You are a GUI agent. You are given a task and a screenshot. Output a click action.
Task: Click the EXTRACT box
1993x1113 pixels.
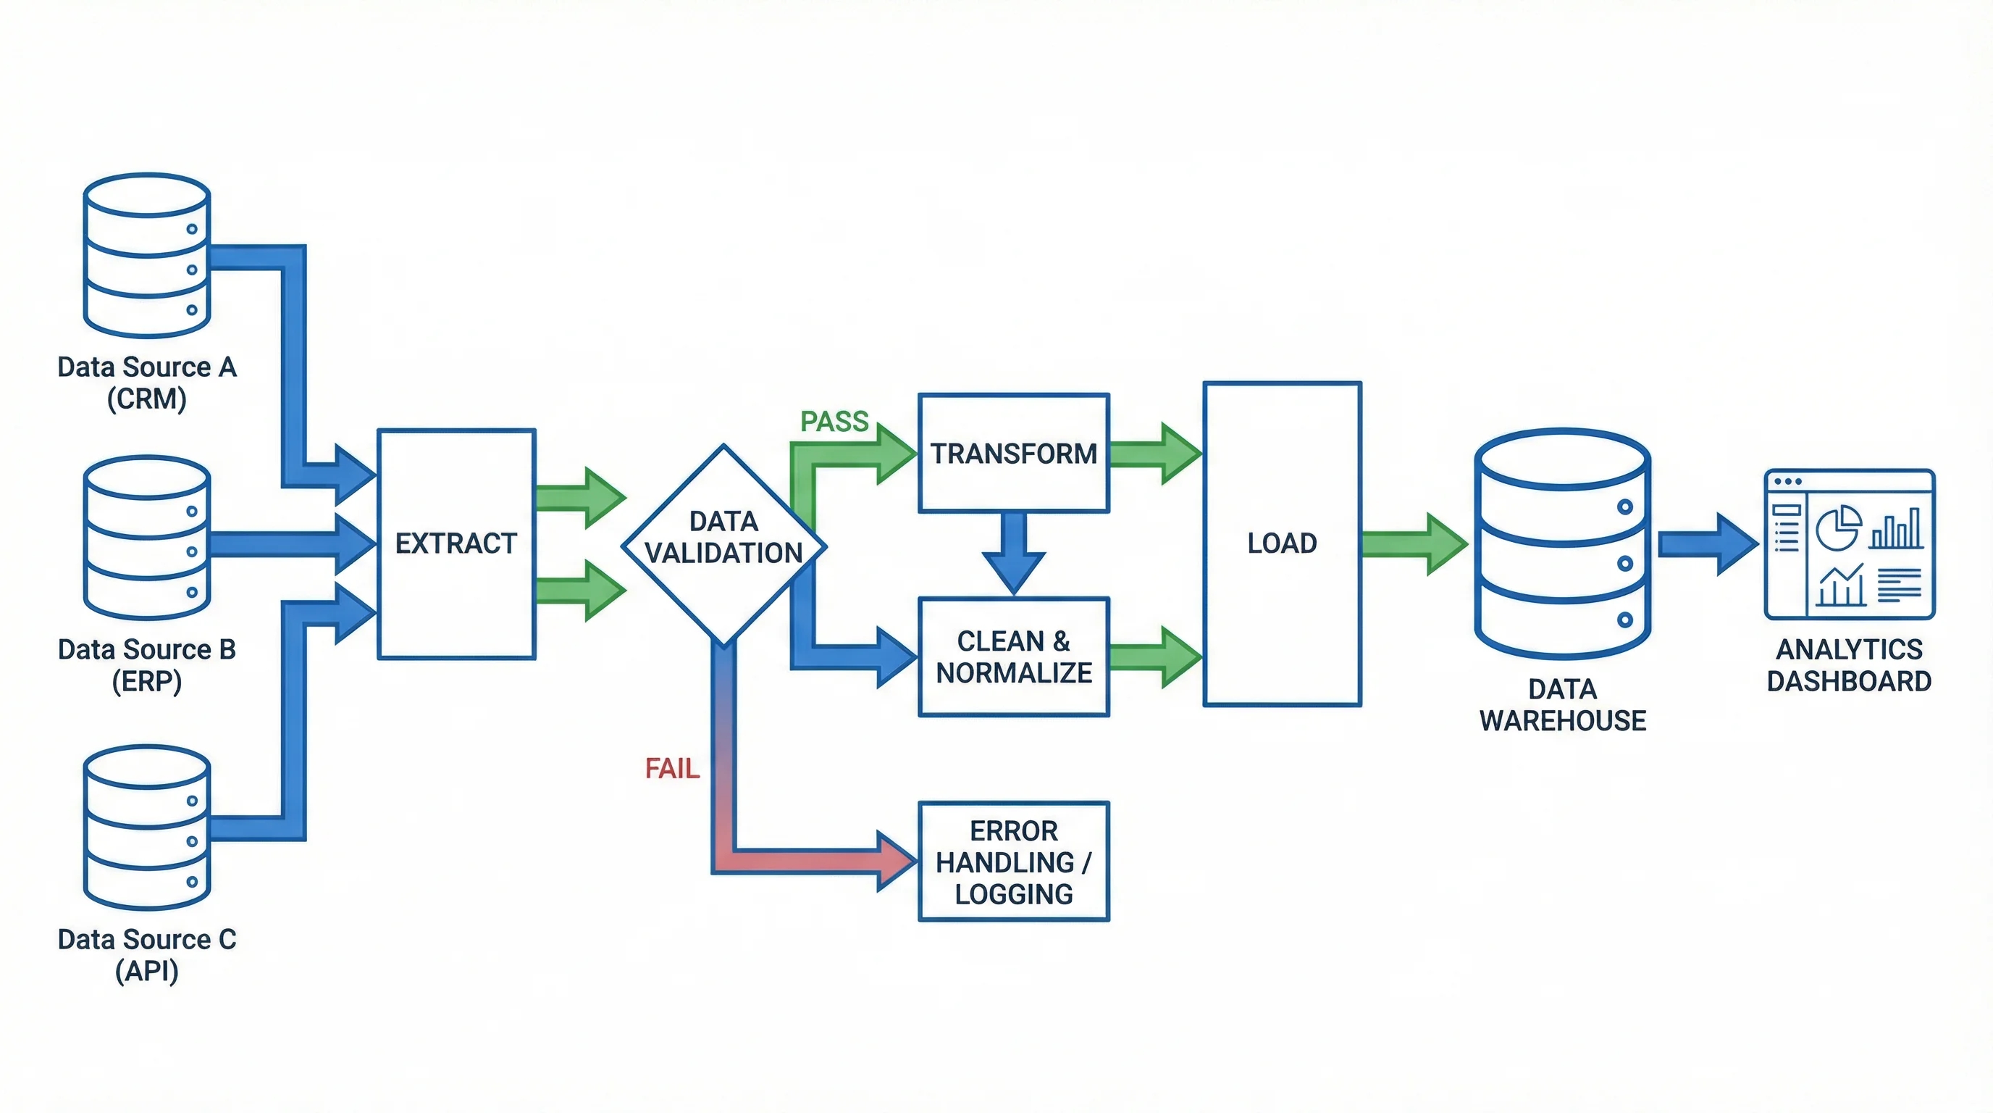tap(456, 543)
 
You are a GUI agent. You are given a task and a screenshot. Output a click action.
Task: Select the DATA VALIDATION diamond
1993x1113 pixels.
tap(723, 544)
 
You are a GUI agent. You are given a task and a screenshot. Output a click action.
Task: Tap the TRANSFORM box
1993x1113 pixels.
tap(1014, 454)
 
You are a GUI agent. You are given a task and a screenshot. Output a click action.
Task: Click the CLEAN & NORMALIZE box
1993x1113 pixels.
tap(1014, 656)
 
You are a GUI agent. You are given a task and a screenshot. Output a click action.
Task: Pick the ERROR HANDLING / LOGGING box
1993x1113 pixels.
tap(1014, 862)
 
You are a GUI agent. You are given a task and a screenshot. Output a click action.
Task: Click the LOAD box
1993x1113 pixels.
tap(1282, 543)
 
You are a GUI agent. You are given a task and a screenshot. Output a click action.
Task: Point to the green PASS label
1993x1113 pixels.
tap(834, 422)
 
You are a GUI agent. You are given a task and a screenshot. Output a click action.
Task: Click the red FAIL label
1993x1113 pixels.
tap(671, 769)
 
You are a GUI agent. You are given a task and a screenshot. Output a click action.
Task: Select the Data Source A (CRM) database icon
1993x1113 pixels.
tap(146, 255)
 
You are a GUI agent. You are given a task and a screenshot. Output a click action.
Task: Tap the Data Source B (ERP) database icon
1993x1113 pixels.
tap(146, 537)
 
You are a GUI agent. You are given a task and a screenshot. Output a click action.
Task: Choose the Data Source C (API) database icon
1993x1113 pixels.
tap(146, 828)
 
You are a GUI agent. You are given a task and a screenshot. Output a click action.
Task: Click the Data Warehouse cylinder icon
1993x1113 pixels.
tap(1563, 543)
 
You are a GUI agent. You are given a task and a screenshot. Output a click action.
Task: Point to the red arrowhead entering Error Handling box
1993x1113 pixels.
tap(895, 861)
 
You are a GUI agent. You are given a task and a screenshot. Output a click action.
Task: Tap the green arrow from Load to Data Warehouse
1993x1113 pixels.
tap(1413, 543)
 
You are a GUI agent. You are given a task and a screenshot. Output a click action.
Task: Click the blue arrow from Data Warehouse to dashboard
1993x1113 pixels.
tap(1706, 543)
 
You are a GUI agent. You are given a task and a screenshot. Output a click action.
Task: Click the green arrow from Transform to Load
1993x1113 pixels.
tap(1154, 454)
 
